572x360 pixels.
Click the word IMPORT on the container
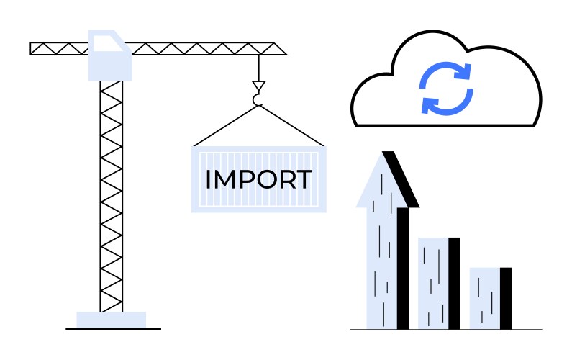coord(258,179)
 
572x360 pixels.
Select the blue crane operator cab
coord(109,56)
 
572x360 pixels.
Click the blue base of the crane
coord(112,320)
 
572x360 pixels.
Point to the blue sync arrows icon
coord(446,89)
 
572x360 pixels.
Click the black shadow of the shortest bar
coord(506,298)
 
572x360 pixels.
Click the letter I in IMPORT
coord(208,179)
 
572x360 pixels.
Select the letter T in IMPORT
coord(304,179)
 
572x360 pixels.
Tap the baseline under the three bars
coord(446,330)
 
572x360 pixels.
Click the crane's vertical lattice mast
coord(112,194)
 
